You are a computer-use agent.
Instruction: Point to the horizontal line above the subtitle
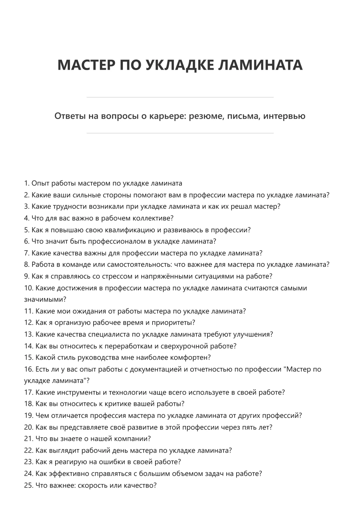[x=180, y=97]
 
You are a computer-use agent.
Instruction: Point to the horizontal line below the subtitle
[x=180, y=133]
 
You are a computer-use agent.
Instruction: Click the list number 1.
[x=26, y=184]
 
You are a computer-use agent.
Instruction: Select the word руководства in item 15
[x=77, y=357]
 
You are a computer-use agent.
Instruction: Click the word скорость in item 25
[x=92, y=485]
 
